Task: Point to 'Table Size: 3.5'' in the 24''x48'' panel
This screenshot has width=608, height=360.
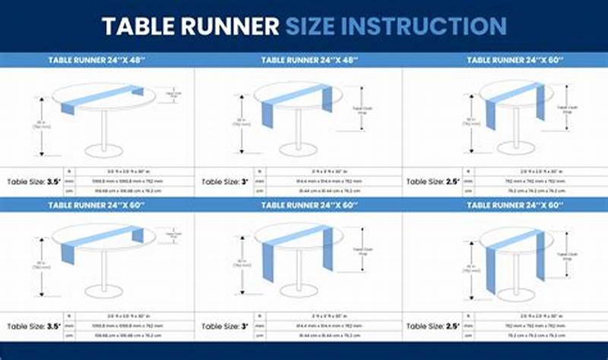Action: click(33, 182)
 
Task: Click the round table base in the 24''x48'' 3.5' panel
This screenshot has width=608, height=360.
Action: click(104, 150)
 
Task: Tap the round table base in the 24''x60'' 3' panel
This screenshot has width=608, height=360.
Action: click(298, 291)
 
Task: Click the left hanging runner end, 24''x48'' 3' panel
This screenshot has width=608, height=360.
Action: click(268, 114)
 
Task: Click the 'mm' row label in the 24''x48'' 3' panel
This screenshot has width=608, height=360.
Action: click(261, 182)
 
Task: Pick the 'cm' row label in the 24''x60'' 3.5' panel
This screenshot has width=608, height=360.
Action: click(69, 335)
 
